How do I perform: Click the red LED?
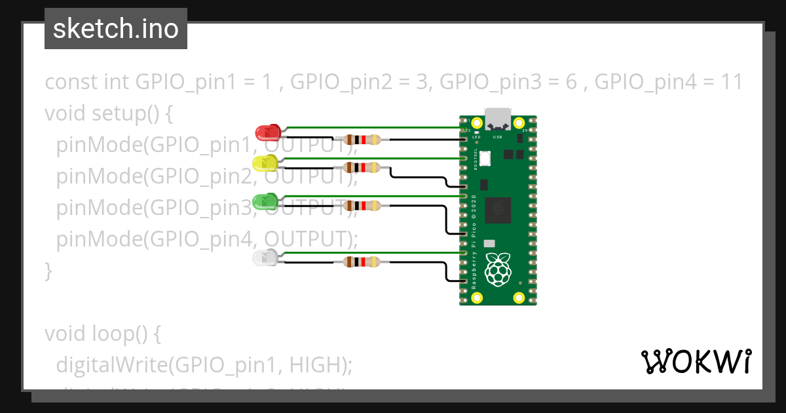pyautogui.click(x=267, y=132)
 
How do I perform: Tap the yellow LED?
pyautogui.click(x=265, y=163)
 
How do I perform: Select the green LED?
pyautogui.click(x=266, y=200)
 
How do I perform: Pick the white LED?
pyautogui.click(x=265, y=257)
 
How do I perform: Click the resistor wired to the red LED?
pyautogui.click(x=362, y=139)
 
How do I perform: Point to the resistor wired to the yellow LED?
pyautogui.click(x=362, y=167)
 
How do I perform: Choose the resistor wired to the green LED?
pyautogui.click(x=362, y=206)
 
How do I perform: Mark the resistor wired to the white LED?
pyautogui.click(x=362, y=263)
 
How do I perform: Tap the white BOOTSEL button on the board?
pyautogui.click(x=485, y=159)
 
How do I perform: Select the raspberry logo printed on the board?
pyautogui.click(x=498, y=269)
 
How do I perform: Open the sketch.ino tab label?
pyautogui.click(x=116, y=29)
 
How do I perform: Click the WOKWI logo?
pyautogui.click(x=696, y=361)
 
